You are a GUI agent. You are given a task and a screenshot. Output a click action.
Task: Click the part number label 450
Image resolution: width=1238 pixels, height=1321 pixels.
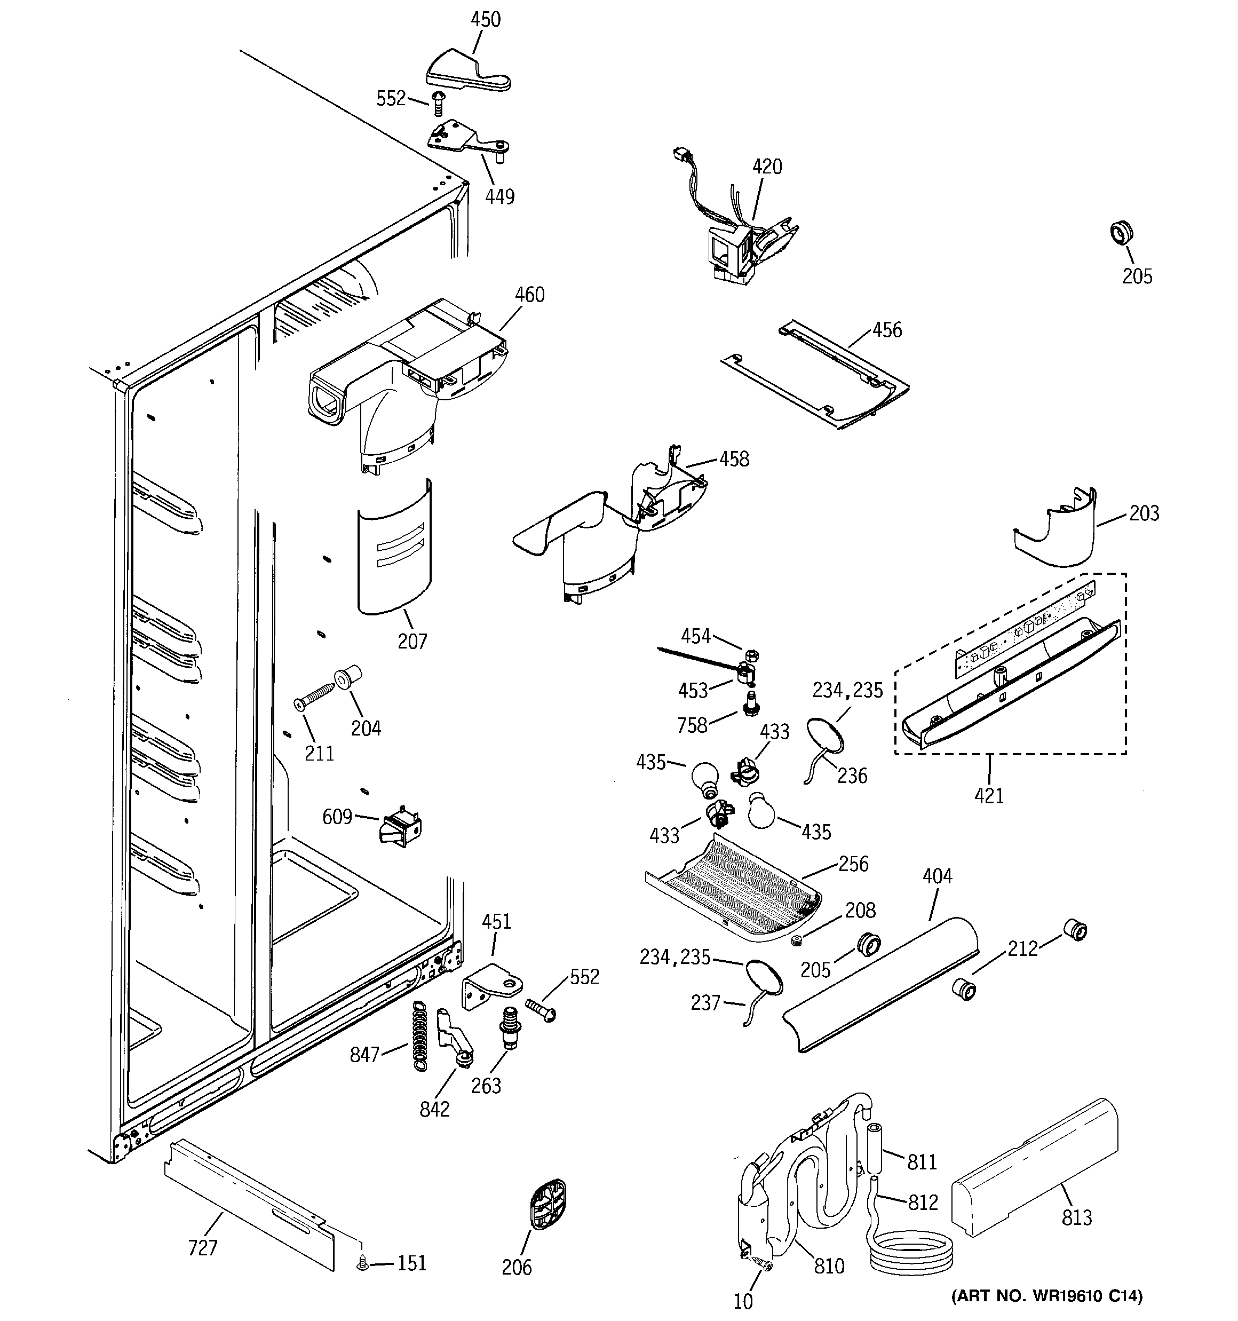485,20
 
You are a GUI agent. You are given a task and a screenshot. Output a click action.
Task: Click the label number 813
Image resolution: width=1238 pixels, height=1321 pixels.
1076,1217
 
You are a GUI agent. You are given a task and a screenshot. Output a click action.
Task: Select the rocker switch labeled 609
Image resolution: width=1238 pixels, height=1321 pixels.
400,825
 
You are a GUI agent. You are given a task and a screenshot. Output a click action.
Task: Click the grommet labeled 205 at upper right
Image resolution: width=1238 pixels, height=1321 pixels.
1121,233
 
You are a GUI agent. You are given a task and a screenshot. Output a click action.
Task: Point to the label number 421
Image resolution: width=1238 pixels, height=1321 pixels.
989,795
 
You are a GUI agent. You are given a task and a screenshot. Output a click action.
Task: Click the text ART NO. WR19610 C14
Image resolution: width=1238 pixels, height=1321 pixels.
1046,1295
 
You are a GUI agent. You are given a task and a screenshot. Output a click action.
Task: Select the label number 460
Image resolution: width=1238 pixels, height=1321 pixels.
530,295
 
